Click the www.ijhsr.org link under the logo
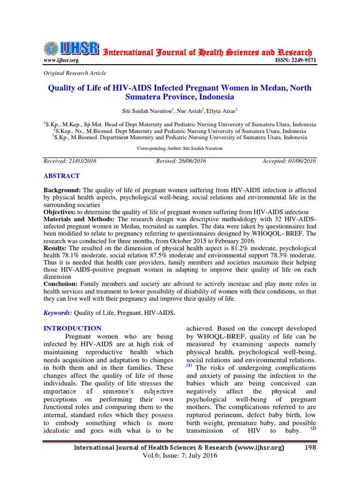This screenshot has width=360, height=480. click(x=61, y=60)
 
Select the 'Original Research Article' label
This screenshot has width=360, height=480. click(x=75, y=73)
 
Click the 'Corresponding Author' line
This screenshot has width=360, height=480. click(x=180, y=148)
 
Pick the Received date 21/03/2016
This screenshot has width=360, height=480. click(x=70, y=161)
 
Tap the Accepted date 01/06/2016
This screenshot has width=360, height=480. click(x=289, y=161)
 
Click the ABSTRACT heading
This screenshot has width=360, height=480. click(x=61, y=176)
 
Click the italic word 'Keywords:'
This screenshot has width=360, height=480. click(x=58, y=313)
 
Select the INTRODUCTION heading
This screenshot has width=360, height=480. click(x=72, y=328)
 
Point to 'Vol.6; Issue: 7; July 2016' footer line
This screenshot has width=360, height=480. click(x=180, y=457)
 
